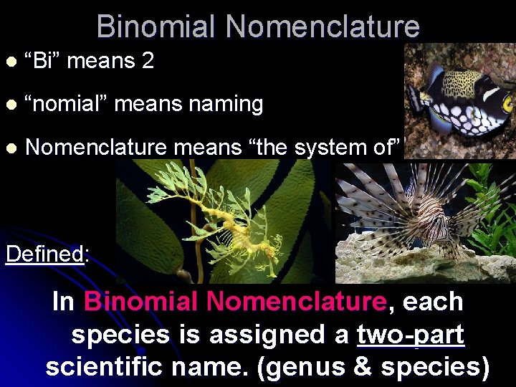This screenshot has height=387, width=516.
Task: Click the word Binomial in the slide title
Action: coord(155,27)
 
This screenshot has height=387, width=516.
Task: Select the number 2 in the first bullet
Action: coord(148,61)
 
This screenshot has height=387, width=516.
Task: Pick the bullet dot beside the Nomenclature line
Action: coord(9,148)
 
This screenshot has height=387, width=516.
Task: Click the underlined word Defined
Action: coord(44,254)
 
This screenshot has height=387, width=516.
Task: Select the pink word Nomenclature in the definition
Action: coord(295,302)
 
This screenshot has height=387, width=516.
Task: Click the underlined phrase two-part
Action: coord(411,334)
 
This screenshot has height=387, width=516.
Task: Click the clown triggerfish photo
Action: coord(459,97)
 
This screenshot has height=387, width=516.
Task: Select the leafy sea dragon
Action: coord(244,219)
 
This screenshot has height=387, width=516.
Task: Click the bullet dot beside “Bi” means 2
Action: coord(9,62)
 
